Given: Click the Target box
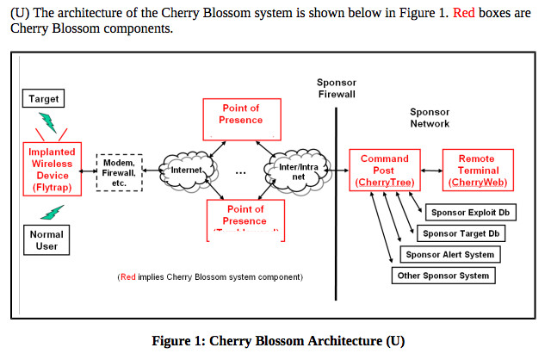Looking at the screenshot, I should pyautogui.click(x=44, y=99).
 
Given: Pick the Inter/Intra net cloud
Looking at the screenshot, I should pyautogui.click(x=294, y=171).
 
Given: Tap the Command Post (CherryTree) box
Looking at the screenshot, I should pyautogui.click(x=385, y=171).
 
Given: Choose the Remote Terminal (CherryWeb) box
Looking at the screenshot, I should pyautogui.click(x=476, y=171).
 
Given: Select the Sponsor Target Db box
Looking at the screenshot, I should pyautogui.click(x=461, y=233).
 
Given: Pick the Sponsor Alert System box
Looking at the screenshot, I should pyautogui.click(x=450, y=254).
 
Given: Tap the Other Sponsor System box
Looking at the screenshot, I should pyautogui.click(x=444, y=276).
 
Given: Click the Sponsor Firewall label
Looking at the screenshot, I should pyautogui.click(x=337, y=87).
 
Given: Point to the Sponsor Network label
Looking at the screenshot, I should pyautogui.click(x=430, y=118).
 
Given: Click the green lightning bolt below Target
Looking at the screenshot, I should pyautogui.click(x=48, y=121).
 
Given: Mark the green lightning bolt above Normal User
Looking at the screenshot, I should pyautogui.click(x=53, y=212).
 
